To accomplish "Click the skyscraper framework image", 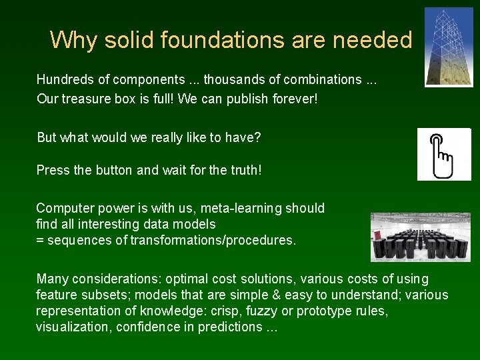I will [x=448, y=47].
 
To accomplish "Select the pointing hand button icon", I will [x=444, y=155].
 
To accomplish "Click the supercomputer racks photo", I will [x=420, y=237].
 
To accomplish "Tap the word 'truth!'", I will [x=246, y=171].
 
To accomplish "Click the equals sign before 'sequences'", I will [x=39, y=241].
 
